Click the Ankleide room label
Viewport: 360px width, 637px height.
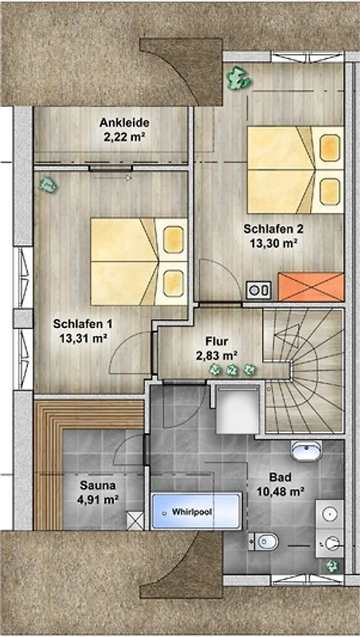coord(124,123)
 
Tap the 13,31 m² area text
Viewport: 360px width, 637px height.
coord(83,339)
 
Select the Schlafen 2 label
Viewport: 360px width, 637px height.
coord(273,229)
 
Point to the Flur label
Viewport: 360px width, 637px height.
coord(217,342)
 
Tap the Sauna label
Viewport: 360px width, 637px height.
coord(97,485)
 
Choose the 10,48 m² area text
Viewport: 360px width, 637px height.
coord(281,492)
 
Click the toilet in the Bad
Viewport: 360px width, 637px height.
coord(264,541)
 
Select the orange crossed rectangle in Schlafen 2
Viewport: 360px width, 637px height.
coord(311,287)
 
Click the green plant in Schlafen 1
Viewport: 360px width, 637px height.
coord(48,185)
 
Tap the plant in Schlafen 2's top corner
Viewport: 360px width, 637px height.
coord(238,77)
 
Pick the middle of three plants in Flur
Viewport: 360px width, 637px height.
coord(232,370)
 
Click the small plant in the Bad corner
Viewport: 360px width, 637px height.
coord(332,565)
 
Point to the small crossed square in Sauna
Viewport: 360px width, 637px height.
coord(135,521)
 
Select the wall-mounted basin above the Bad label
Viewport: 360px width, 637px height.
coord(307,451)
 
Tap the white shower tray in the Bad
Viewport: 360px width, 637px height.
coord(237,410)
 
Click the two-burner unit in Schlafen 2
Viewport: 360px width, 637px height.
coord(258,290)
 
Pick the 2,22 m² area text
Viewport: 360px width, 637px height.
coord(124,137)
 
